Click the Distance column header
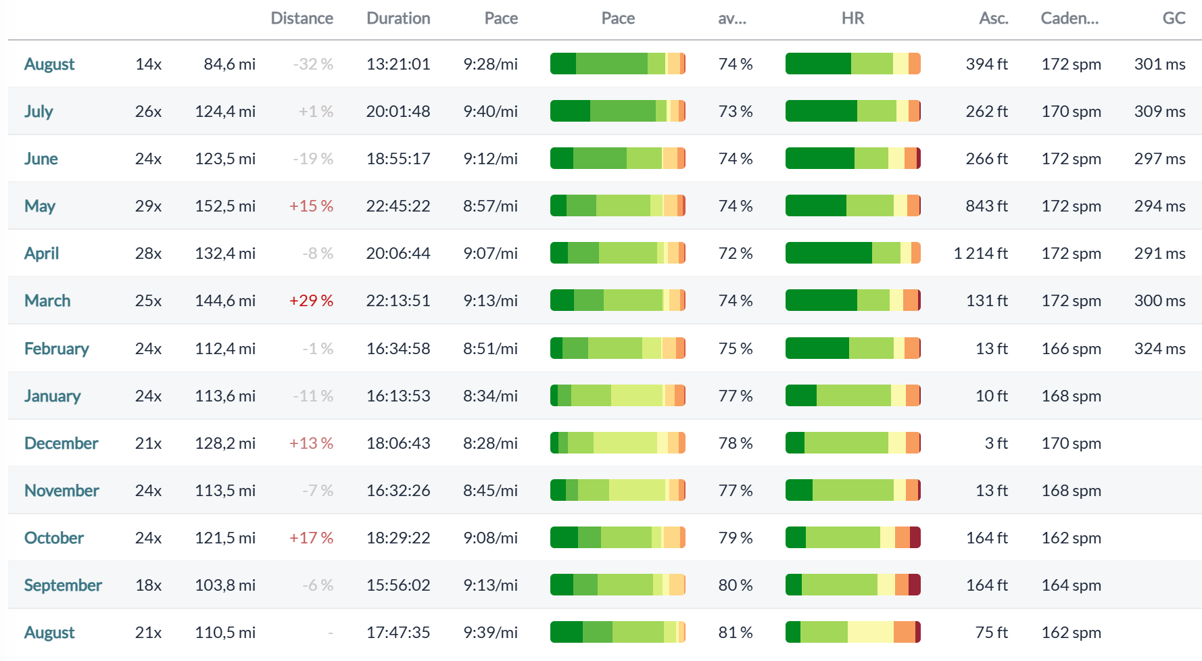(x=302, y=18)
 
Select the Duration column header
(x=398, y=18)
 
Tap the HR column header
(x=852, y=18)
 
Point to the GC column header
(x=1174, y=18)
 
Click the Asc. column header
(x=994, y=18)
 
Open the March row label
(x=47, y=301)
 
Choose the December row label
(x=62, y=443)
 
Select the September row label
(x=63, y=585)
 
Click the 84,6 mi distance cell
(x=230, y=64)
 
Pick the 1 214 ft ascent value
(x=980, y=253)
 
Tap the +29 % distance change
(x=311, y=301)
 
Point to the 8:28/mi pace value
(x=490, y=443)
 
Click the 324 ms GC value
(x=1159, y=349)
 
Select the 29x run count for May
(x=148, y=206)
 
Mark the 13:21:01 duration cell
(x=398, y=64)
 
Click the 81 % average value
(x=736, y=633)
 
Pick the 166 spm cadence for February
(x=1071, y=349)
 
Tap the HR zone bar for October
(x=853, y=538)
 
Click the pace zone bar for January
(x=618, y=395)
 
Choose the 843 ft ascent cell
(x=986, y=206)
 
